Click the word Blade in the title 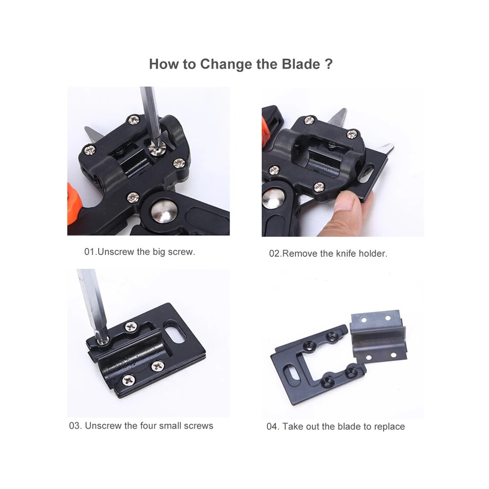pyautogui.click(x=301, y=64)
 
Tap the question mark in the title pyautogui.click(x=328, y=64)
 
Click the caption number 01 pyautogui.click(x=89, y=252)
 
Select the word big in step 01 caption pyautogui.click(x=159, y=252)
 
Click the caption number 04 pyautogui.click(x=272, y=427)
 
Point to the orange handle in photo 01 pyautogui.click(x=74, y=204)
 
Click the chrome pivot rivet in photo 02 pyautogui.click(x=273, y=199)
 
